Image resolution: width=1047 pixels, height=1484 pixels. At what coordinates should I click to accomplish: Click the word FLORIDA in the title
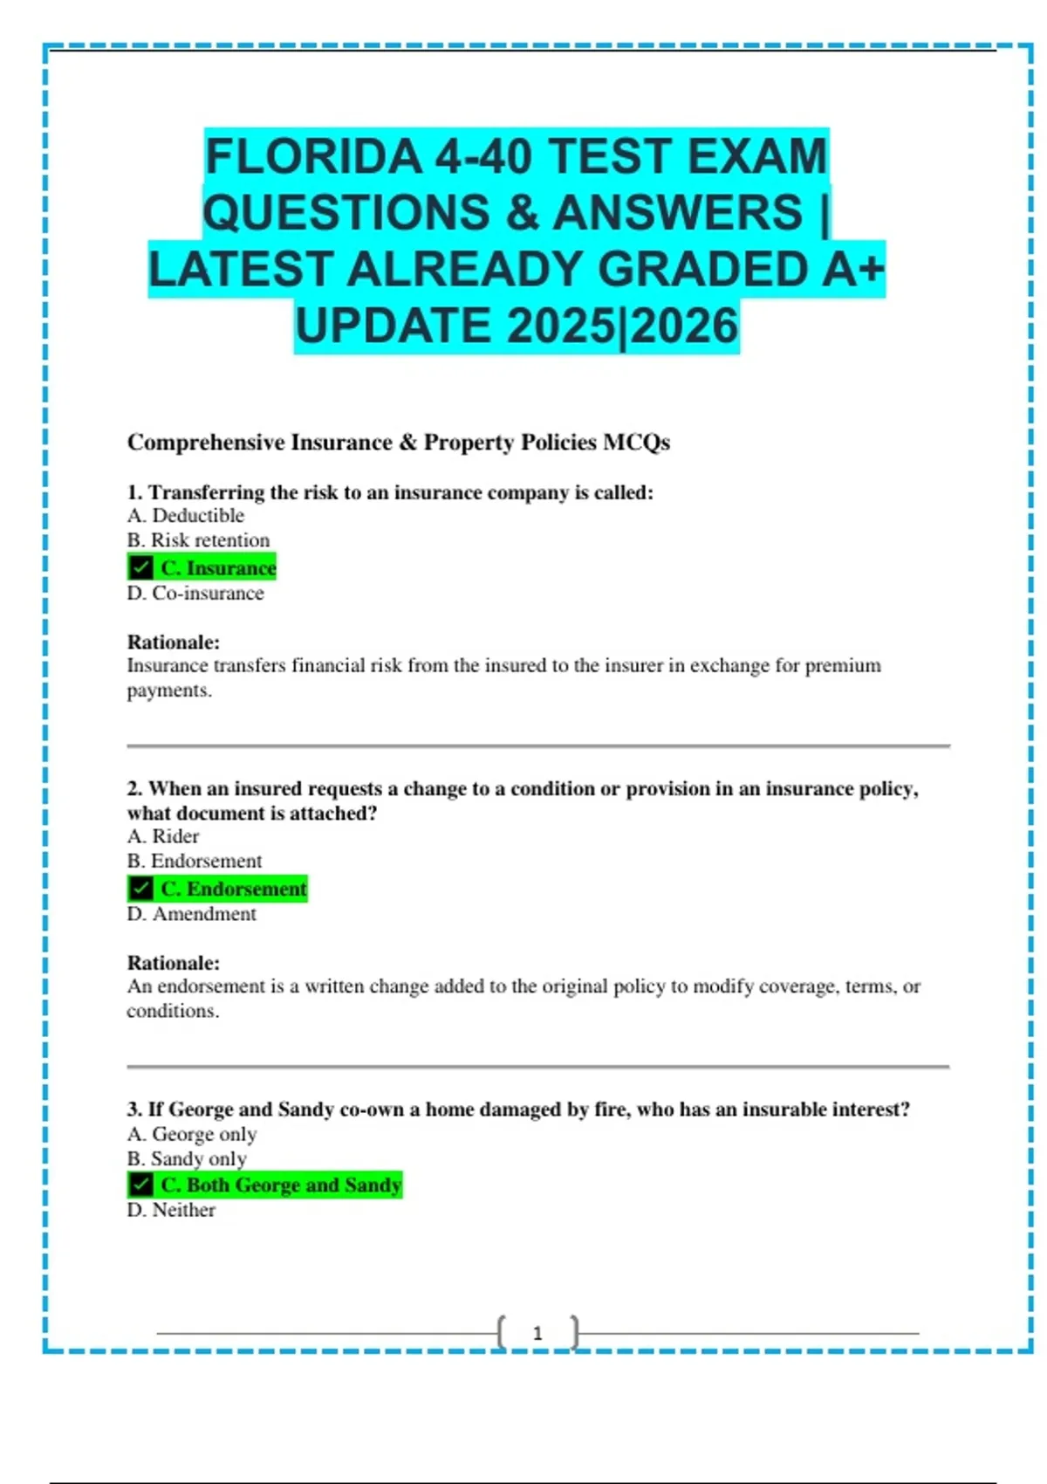(313, 157)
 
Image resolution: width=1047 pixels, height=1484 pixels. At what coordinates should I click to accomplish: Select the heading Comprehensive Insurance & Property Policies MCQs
(398, 443)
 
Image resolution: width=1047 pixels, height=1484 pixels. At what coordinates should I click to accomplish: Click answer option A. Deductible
(185, 516)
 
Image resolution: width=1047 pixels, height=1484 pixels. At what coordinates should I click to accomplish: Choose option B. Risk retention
(198, 540)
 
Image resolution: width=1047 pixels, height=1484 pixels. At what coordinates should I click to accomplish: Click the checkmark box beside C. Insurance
(140, 567)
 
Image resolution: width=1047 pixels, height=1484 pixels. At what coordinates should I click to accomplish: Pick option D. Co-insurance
(195, 594)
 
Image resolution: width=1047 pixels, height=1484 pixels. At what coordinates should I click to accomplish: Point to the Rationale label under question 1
(173, 642)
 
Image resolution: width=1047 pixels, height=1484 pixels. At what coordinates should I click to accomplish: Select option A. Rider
(163, 836)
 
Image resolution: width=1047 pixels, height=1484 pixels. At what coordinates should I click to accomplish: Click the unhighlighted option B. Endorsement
(194, 861)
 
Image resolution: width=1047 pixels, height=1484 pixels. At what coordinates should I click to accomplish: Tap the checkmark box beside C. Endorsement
(140, 889)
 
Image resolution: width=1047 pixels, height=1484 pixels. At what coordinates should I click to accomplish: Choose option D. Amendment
(191, 914)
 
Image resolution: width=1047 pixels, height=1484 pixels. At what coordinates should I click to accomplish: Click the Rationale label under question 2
(173, 963)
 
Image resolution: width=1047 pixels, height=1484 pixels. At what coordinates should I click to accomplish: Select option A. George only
(191, 1134)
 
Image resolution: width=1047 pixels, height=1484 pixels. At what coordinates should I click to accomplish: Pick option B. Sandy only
(186, 1158)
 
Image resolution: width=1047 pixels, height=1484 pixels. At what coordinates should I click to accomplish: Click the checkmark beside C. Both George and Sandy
(140, 1185)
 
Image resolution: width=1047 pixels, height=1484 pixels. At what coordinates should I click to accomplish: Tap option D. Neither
(171, 1210)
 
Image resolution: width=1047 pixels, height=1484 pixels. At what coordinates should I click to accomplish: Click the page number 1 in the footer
(537, 1333)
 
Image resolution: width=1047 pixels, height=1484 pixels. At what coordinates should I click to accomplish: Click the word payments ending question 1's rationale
(168, 690)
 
